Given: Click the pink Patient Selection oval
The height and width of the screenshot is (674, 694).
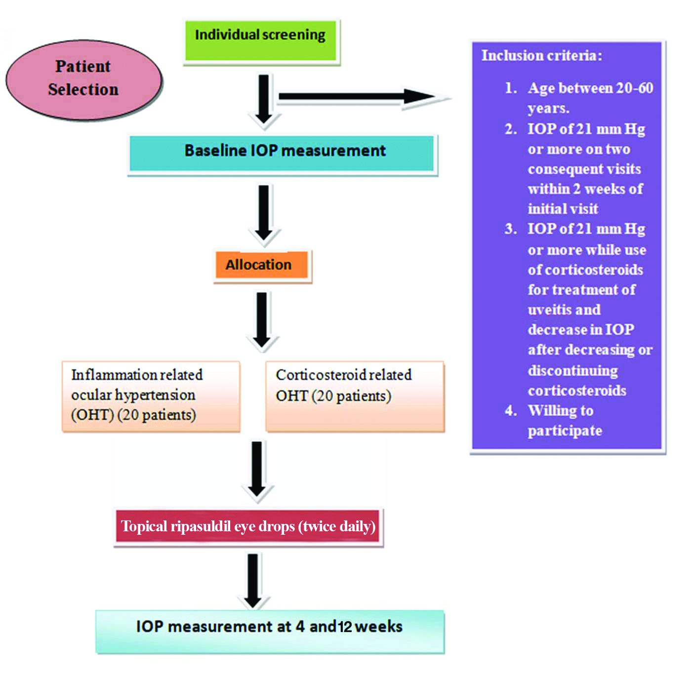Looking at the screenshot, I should (83, 79).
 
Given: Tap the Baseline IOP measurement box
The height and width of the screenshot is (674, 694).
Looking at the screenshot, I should (282, 154).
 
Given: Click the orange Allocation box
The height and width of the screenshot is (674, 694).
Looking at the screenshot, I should (262, 266).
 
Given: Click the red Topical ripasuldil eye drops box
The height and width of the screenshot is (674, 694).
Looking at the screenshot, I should (248, 527).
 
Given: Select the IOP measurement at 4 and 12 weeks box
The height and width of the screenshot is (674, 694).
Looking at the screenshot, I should (270, 632).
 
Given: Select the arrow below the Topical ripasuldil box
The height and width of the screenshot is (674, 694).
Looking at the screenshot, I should (253, 581).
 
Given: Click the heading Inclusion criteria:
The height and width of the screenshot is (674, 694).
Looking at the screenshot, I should (542, 55).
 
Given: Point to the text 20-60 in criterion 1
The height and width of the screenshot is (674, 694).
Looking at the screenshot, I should (634, 88).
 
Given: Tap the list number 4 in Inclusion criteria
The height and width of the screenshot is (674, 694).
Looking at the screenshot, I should (510, 410).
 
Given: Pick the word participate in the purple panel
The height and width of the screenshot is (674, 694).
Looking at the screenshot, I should (565, 431).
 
